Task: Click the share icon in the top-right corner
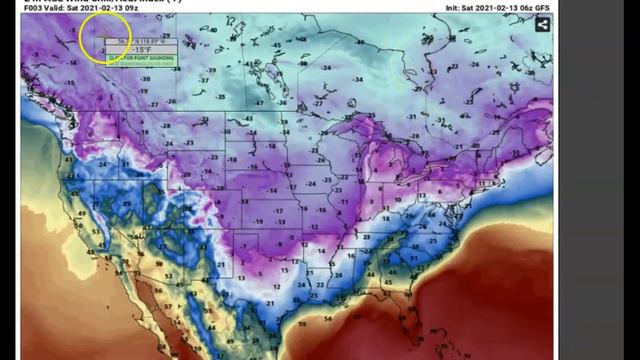pyautogui.click(x=541, y=24)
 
